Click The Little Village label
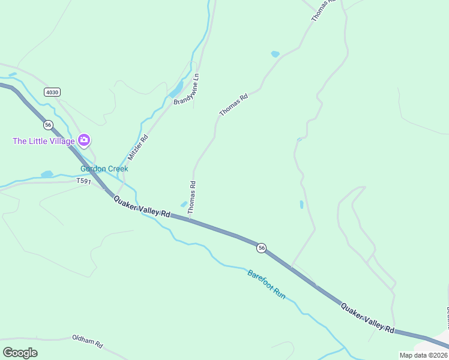(x=44, y=141)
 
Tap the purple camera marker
(x=84, y=140)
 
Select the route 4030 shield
(x=52, y=92)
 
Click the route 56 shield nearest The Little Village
(x=48, y=125)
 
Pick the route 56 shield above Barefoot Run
(x=261, y=247)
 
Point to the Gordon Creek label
(x=104, y=169)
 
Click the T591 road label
(x=83, y=181)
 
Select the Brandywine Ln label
(x=186, y=89)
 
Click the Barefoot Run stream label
(x=267, y=284)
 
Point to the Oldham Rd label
(x=88, y=342)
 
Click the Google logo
(x=20, y=352)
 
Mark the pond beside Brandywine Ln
(x=176, y=91)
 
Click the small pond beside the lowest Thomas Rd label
(x=184, y=204)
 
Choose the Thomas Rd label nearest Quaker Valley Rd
(x=192, y=198)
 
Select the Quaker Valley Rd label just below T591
(x=142, y=206)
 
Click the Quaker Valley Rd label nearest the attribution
(x=367, y=318)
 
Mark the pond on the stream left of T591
(x=47, y=174)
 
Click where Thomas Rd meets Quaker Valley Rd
(x=190, y=218)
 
